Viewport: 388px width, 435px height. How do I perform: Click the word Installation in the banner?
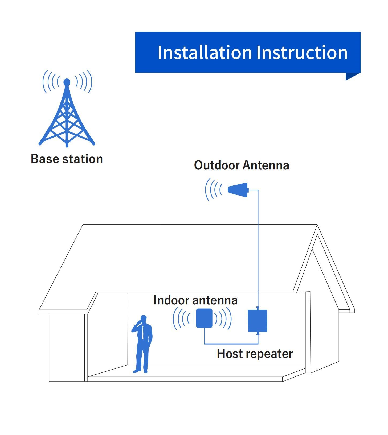pos(205,52)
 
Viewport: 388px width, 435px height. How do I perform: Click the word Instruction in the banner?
pos(302,52)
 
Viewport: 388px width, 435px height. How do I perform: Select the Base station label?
pos(67,159)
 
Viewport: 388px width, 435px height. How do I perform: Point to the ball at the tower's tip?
pos(67,82)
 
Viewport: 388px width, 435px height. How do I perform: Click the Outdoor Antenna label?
pos(242,165)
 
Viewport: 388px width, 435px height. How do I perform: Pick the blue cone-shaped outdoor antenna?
pos(238,190)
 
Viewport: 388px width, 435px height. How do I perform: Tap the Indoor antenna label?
pos(195,300)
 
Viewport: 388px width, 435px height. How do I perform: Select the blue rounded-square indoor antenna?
pos(204,318)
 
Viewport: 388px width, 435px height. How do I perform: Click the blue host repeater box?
pos(258,321)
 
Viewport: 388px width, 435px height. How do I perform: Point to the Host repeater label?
pos(255,354)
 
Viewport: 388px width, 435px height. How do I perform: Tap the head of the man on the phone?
pos(144,319)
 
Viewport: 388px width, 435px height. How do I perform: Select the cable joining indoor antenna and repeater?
pos(231,344)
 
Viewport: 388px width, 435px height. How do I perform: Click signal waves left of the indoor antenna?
pos(181,318)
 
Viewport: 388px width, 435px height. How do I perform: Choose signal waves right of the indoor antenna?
pos(223,318)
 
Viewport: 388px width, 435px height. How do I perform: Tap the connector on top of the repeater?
pos(258,308)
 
